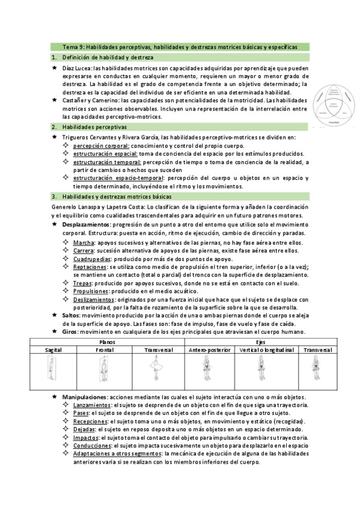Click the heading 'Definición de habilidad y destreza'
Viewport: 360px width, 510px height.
(108, 57)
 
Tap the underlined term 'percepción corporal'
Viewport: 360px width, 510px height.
(99, 146)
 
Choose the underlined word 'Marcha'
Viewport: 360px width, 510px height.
(84, 242)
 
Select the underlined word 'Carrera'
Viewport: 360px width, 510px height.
(84, 250)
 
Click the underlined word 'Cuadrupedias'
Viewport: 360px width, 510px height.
(92, 259)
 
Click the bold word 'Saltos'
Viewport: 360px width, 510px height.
(70, 315)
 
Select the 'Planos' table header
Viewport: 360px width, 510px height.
(107, 341)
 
